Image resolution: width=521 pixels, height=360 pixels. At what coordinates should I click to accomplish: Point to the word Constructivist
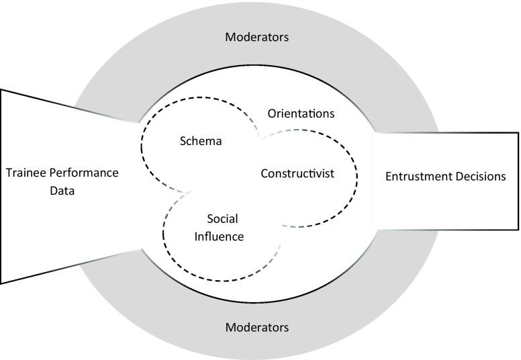point(297,174)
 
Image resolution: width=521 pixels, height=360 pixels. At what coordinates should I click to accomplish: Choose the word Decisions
point(479,177)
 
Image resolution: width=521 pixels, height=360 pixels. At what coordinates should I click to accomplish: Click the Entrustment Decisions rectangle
point(446,201)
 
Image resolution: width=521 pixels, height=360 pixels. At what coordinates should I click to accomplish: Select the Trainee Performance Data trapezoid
point(60,222)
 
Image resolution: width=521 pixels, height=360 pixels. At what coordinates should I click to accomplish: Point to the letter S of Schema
point(183,142)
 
